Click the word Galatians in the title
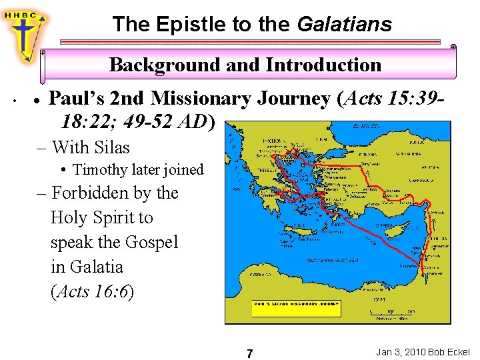tap(344, 25)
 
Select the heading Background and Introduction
tap(245, 65)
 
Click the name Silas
tap(112, 147)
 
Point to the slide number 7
tap(249, 353)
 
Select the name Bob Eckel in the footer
tap(449, 351)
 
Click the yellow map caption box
tap(296, 308)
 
